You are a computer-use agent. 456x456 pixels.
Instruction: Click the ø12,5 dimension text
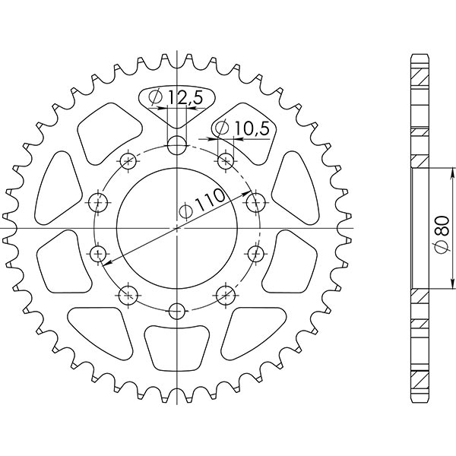click(x=176, y=97)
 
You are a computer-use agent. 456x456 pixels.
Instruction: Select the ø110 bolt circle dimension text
click(x=202, y=203)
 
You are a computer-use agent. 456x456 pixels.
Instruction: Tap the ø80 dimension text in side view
click(x=442, y=235)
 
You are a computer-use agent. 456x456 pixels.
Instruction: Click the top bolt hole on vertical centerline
click(x=176, y=145)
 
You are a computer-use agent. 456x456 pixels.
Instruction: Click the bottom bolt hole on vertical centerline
click(x=176, y=311)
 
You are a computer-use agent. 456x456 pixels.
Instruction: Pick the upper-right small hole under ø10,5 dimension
click(x=226, y=160)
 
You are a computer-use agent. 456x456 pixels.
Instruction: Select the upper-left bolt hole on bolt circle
click(x=128, y=160)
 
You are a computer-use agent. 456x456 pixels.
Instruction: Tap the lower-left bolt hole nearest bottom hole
click(x=128, y=296)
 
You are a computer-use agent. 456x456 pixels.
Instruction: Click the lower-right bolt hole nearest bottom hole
click(x=226, y=296)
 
